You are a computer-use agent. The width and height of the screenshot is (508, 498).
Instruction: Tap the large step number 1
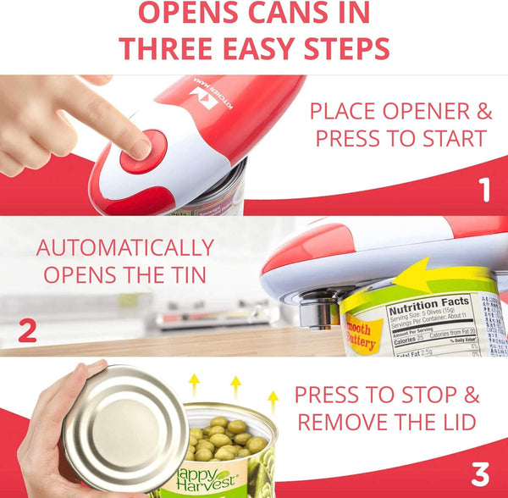484,190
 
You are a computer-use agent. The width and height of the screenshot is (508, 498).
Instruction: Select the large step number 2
27,330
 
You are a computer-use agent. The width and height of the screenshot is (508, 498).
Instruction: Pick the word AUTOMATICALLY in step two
124,248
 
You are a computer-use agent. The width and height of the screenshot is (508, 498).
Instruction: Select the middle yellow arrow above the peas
235,385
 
